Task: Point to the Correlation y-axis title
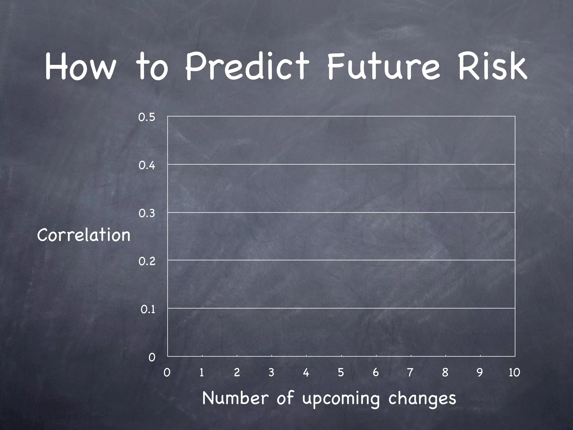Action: pos(84,235)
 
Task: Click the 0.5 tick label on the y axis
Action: pos(147,118)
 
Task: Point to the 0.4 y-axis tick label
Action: pos(147,165)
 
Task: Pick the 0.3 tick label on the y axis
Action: pos(147,214)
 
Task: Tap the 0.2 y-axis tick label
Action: pos(147,261)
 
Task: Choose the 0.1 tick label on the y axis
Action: pos(147,310)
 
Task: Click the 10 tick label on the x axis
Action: pos(514,373)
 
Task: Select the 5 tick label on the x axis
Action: pos(340,373)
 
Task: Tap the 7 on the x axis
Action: pos(410,373)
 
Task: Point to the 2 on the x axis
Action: pos(237,373)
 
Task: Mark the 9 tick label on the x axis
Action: pos(480,373)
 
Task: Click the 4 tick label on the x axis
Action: pos(306,373)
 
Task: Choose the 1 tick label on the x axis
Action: pos(201,373)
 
